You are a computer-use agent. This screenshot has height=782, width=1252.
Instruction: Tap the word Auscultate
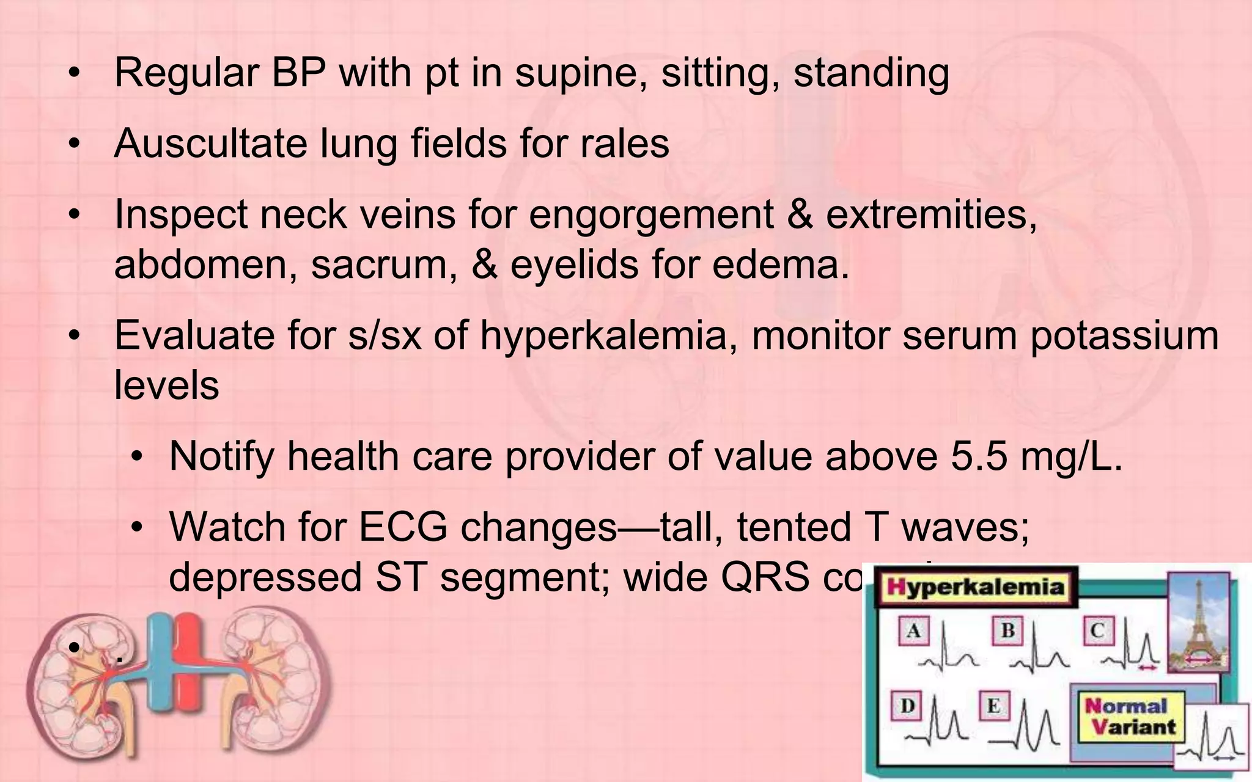pyautogui.click(x=210, y=144)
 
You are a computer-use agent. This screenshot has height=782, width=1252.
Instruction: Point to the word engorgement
pyautogui.click(x=651, y=216)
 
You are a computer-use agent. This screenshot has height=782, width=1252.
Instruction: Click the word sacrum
pyautogui.click(x=383, y=265)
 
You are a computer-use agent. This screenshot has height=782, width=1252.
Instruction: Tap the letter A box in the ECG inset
pyautogui.click(x=913, y=630)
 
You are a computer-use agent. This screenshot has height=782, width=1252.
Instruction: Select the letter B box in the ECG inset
pyautogui.click(x=1007, y=630)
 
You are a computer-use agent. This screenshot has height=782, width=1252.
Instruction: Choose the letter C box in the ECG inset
pyautogui.click(x=1098, y=630)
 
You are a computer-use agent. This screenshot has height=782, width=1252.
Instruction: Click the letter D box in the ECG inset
pyautogui.click(x=907, y=706)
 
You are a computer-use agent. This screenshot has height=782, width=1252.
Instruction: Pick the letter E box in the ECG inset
pyautogui.click(x=994, y=706)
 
